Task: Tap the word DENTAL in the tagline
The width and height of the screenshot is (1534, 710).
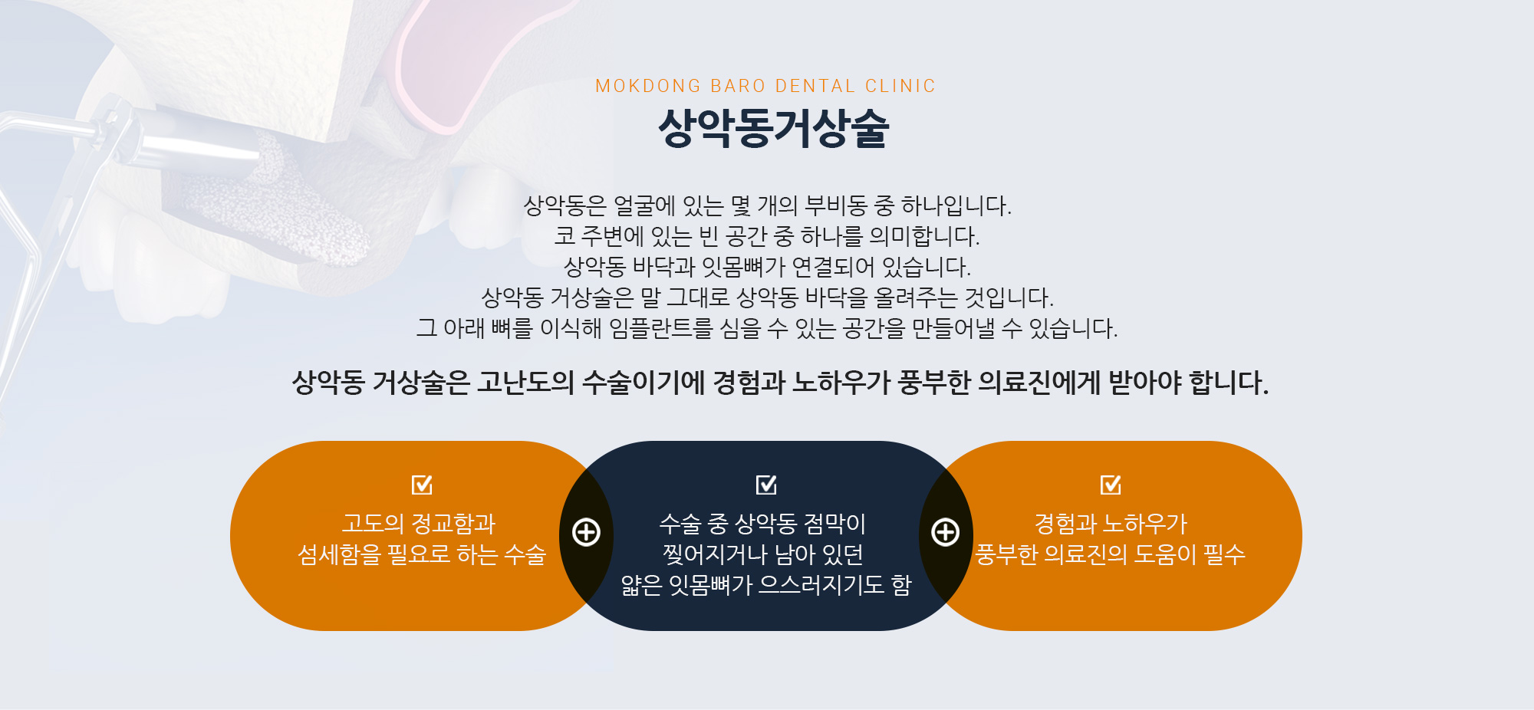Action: (x=815, y=86)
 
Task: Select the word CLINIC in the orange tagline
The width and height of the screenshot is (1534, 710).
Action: (x=900, y=86)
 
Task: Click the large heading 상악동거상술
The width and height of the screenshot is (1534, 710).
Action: (x=773, y=127)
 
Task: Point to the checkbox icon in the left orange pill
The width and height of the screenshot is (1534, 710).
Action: (x=422, y=485)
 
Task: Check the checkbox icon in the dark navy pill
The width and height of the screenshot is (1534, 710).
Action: (x=766, y=485)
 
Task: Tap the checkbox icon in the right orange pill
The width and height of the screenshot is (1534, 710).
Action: (x=1111, y=485)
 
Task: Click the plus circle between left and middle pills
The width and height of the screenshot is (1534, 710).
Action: (x=587, y=532)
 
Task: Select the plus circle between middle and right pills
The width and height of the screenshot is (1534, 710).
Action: (x=946, y=532)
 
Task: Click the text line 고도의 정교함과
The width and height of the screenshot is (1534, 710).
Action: (x=419, y=524)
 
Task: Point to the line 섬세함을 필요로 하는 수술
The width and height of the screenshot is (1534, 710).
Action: (x=422, y=554)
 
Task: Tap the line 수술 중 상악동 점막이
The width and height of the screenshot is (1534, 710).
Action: (x=762, y=524)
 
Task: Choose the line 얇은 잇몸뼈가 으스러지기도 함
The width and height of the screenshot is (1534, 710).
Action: (x=766, y=585)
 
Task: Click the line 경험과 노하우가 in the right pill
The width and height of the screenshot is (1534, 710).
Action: (x=1111, y=524)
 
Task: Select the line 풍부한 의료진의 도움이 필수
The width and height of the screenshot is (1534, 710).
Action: (x=1110, y=554)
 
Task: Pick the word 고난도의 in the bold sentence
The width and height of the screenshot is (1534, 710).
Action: (x=525, y=382)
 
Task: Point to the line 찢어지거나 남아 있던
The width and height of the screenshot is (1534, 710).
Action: (x=763, y=554)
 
